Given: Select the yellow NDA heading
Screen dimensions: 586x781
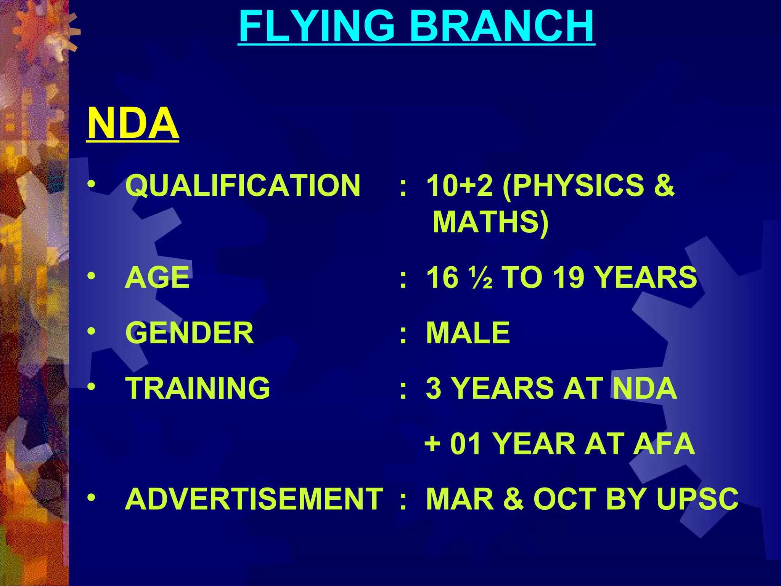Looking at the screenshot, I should pos(133,123).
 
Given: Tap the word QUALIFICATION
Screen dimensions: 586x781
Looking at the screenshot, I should pos(243,185).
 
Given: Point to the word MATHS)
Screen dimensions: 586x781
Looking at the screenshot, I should pos(490,222).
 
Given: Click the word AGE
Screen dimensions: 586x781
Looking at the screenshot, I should pos(157,277).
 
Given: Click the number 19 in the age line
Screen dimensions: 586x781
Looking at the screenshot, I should pos(568,277).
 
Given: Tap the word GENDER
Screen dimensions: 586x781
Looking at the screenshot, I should pos(190,333).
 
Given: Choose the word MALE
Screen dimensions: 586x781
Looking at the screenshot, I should pos(468,333).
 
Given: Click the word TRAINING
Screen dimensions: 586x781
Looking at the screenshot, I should pos(198,388).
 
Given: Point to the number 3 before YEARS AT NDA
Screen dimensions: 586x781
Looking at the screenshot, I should pos(434,388).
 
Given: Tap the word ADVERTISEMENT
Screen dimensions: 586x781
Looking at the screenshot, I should pos(254,499).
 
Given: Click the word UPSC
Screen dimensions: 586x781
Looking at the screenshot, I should pos(697,499).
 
